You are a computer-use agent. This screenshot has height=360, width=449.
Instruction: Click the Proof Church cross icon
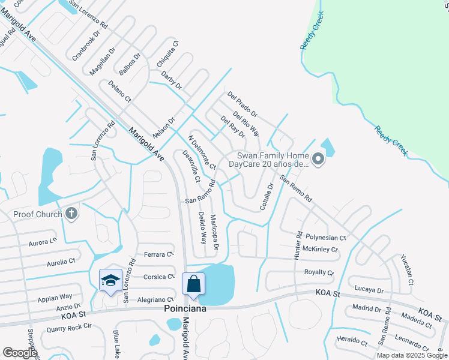pos(71,214)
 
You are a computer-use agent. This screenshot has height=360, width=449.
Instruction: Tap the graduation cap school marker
pos(110,280)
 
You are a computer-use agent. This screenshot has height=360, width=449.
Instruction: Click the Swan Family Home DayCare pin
pos(318,160)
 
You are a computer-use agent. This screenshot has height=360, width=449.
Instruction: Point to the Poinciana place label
pos(186,308)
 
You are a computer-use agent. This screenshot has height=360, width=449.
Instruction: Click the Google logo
pos(20,353)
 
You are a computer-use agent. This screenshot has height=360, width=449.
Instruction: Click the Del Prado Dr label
pos(243,104)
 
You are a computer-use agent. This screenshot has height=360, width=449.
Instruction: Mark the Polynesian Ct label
pos(325,238)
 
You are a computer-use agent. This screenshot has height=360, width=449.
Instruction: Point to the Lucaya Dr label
pos(369,289)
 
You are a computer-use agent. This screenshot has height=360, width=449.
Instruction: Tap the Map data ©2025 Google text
pos(412,355)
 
